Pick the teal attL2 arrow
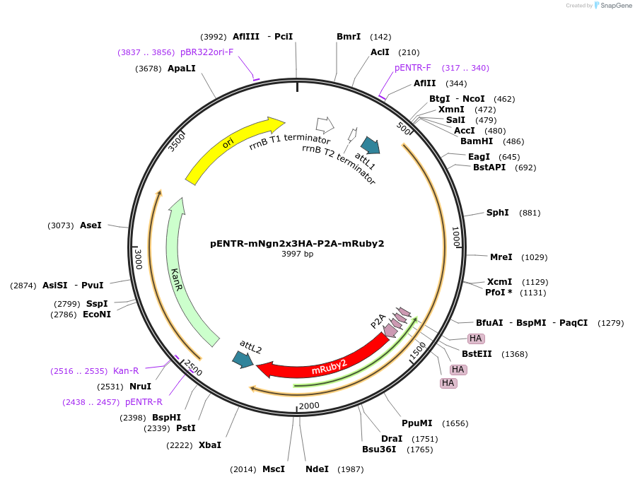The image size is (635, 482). click(243, 360)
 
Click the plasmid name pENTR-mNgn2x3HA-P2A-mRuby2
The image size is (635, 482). click(297, 244)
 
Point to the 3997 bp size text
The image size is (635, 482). click(297, 254)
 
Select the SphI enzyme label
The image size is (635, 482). click(497, 213)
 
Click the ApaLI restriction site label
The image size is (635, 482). click(182, 69)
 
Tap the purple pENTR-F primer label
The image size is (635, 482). click(413, 68)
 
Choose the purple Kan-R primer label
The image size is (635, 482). click(126, 371)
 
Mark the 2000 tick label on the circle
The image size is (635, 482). click(309, 406)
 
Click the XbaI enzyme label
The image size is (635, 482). click(209, 445)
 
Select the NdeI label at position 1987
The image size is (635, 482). click(317, 469)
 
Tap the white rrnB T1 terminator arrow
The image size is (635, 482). click(325, 125)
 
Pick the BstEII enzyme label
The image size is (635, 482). click(476, 354)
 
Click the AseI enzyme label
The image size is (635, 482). click(91, 225)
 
